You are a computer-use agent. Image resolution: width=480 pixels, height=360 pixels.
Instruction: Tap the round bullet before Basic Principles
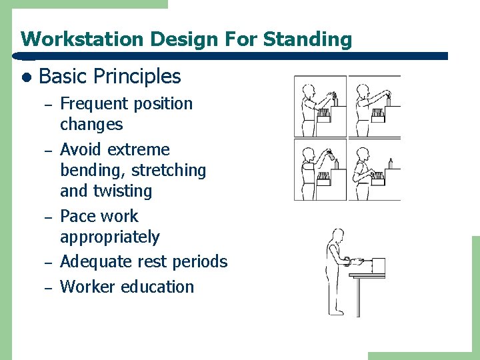(x=25, y=77)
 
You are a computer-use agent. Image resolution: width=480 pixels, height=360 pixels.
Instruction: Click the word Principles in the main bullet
(x=137, y=77)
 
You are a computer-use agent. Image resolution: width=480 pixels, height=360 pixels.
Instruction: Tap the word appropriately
(x=110, y=237)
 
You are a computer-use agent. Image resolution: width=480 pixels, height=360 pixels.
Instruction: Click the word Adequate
(x=95, y=262)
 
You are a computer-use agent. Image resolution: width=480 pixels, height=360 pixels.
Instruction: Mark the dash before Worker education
(x=47, y=287)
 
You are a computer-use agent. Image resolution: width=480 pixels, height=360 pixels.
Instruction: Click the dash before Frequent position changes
(x=47, y=104)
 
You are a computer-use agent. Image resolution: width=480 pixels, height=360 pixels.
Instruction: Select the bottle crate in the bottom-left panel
(x=324, y=177)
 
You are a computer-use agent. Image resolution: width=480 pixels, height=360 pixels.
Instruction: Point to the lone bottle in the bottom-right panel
(x=390, y=163)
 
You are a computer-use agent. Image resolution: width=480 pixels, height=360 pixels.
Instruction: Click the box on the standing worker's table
(x=378, y=265)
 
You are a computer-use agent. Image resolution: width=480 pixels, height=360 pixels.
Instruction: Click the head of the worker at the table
(x=339, y=236)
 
